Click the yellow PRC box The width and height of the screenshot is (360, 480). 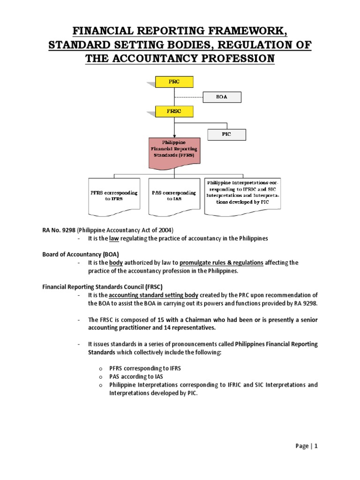(x=174, y=82)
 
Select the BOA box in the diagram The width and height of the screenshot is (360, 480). (x=222, y=97)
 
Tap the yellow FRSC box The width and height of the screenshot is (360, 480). (x=174, y=112)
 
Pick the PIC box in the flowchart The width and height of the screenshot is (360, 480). (x=226, y=135)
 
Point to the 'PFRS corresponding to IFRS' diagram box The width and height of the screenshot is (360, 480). (x=117, y=195)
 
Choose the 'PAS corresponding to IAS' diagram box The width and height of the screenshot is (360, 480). (x=173, y=195)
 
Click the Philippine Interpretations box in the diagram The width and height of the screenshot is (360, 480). (x=243, y=193)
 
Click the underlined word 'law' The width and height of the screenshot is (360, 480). (x=114, y=239)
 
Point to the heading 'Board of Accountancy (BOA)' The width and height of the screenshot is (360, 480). (x=77, y=254)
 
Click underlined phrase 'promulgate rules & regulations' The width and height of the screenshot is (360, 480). (x=222, y=262)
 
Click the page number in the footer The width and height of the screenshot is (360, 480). (x=316, y=446)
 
